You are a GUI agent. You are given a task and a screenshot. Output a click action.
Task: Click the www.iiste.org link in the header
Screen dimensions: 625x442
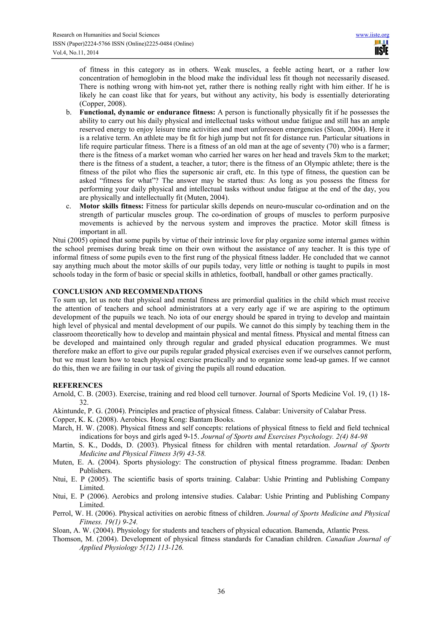click(372, 35)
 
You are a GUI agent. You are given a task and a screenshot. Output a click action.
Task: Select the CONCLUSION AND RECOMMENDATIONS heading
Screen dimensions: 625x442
click(128, 292)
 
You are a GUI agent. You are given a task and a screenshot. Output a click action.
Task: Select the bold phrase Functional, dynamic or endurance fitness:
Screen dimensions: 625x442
click(147, 112)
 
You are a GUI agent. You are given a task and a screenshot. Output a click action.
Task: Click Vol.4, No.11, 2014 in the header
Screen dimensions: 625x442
click(76, 53)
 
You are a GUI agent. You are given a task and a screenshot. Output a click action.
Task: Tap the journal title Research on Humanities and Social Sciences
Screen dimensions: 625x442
click(106, 35)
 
